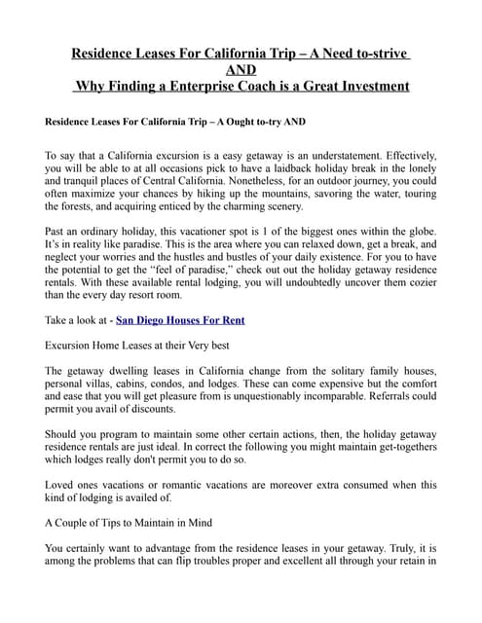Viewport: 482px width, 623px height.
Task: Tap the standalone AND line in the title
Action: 241,70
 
